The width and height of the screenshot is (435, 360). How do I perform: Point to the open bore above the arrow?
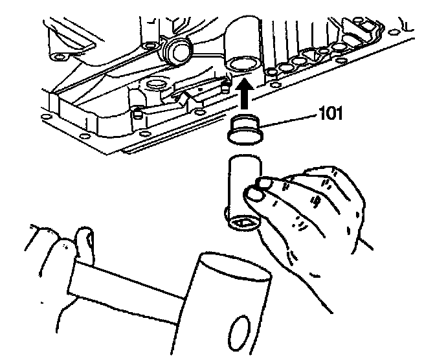(241, 64)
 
